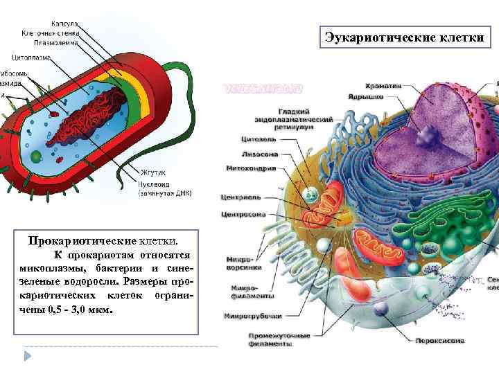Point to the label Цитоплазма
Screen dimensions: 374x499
click(x=32, y=57)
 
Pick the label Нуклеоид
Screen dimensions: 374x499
click(x=154, y=184)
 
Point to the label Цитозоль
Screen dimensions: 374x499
click(x=259, y=139)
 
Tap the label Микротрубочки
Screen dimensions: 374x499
click(x=252, y=317)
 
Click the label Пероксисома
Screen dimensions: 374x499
click(x=439, y=341)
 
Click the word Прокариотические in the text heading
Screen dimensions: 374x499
click(x=82, y=241)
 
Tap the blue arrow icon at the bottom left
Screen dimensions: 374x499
click(x=28, y=355)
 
